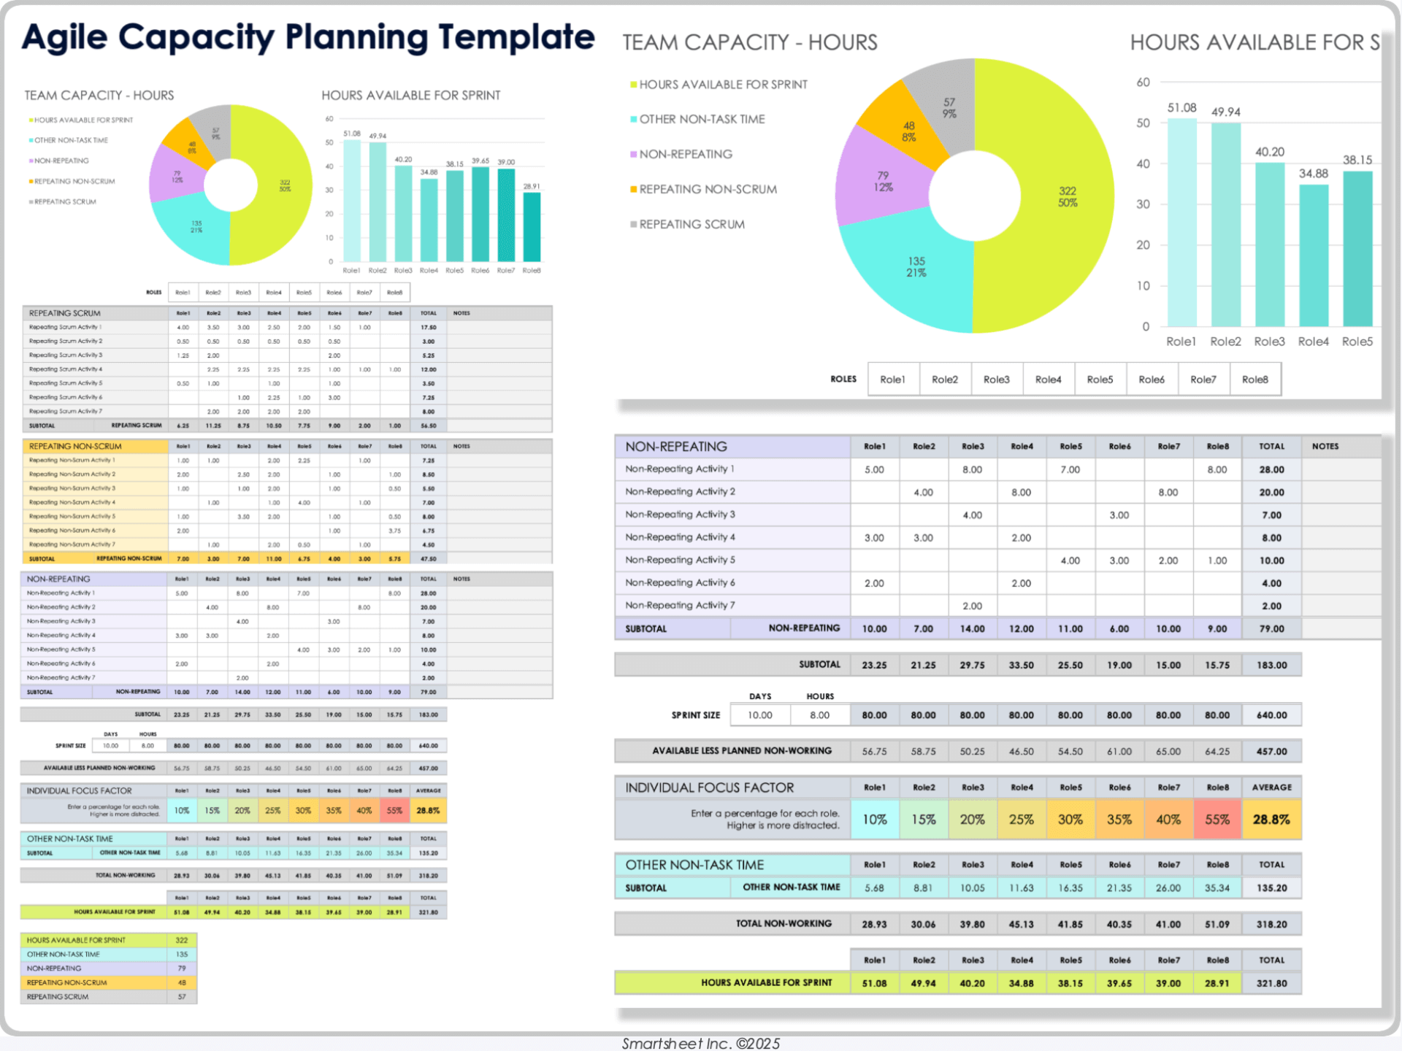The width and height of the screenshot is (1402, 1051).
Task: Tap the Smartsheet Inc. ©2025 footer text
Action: (700, 1043)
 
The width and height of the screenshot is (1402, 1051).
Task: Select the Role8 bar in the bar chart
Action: (532, 227)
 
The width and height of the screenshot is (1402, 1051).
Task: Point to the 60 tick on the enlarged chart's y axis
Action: (1143, 82)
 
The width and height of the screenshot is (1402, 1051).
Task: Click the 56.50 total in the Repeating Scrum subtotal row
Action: (429, 426)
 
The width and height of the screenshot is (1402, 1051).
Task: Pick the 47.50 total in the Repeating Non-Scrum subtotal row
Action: (429, 559)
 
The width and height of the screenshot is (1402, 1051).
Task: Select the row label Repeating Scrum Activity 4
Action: (66, 369)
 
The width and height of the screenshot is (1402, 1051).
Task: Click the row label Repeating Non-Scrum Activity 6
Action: (72, 531)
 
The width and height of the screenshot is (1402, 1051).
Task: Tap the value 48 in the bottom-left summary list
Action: (182, 982)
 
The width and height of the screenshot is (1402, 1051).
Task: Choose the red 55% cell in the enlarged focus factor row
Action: (1217, 820)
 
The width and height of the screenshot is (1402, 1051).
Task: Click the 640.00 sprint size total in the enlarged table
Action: (1271, 715)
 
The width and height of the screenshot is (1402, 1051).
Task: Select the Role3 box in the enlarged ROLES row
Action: (996, 380)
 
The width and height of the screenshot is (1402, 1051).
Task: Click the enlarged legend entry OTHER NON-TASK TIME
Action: (702, 119)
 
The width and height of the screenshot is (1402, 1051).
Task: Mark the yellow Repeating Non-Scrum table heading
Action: (75, 446)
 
